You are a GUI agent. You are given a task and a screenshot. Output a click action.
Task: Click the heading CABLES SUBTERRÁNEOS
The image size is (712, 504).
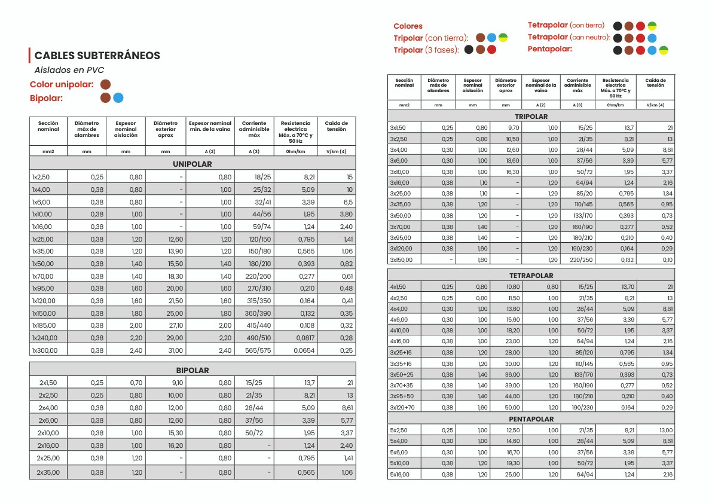(x=97, y=56)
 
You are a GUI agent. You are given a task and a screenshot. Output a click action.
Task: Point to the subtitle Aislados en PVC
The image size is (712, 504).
(x=69, y=70)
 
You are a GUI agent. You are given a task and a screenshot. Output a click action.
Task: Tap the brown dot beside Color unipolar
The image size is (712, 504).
(x=106, y=84)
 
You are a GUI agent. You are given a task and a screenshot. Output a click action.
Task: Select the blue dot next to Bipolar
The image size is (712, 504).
(x=118, y=97)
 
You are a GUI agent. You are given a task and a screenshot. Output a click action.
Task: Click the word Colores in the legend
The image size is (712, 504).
(x=408, y=26)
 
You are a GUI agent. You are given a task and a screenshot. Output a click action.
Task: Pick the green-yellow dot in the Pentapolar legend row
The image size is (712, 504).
(x=664, y=49)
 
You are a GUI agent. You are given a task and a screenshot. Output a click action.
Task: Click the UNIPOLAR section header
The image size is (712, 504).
(x=192, y=164)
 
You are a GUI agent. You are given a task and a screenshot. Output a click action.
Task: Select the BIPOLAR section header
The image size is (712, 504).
(x=192, y=370)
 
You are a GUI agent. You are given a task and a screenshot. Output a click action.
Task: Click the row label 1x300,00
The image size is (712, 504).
(x=44, y=350)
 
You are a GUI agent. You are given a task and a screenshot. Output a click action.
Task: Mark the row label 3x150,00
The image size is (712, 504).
(x=401, y=259)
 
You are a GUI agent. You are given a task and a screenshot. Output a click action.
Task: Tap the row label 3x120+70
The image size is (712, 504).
(x=402, y=407)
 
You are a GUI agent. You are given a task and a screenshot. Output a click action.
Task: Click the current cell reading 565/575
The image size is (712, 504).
(x=254, y=350)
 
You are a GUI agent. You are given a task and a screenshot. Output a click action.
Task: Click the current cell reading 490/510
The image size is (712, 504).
(x=254, y=338)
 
